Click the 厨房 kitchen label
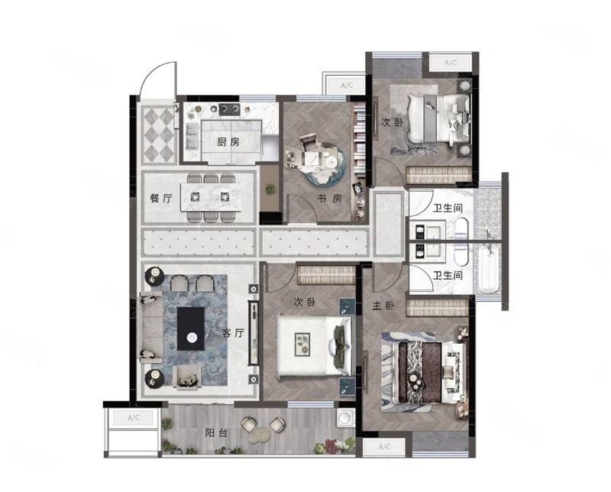point(228,142)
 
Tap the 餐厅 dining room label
point(161,198)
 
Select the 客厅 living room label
point(233,333)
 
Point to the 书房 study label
point(329,198)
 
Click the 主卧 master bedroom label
point(383,306)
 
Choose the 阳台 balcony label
point(216,432)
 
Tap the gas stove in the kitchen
point(230,109)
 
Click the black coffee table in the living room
point(191,329)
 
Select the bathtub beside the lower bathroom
point(489,269)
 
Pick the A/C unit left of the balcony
point(134,418)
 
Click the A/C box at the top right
point(451,63)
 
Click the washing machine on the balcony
point(346,417)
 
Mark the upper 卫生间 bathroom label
point(448,208)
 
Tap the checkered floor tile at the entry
point(159,134)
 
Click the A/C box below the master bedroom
point(384,447)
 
